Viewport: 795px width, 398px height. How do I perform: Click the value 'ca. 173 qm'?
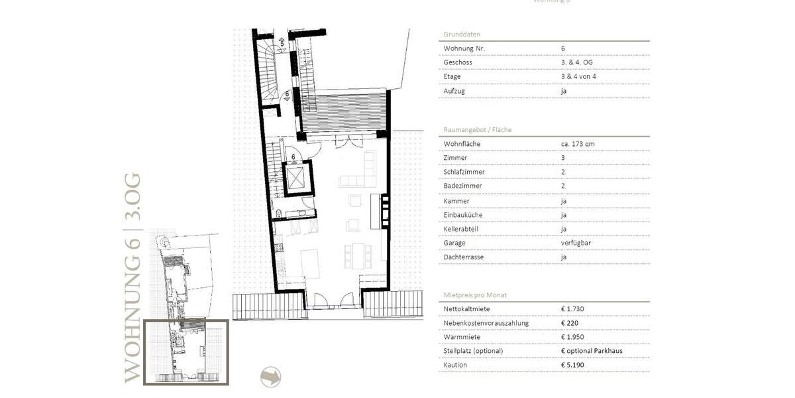(578, 144)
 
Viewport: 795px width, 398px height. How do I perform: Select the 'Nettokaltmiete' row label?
(466, 308)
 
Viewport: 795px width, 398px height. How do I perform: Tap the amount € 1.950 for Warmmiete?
(572, 337)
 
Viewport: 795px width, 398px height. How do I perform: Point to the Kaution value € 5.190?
(573, 365)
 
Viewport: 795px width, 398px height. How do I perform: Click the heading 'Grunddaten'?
(462, 34)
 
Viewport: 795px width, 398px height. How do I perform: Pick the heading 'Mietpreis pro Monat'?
(475, 295)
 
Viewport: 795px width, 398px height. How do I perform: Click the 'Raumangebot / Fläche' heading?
(477, 130)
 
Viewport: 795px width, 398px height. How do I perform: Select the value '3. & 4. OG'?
(576, 62)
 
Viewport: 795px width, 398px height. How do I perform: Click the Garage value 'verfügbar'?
(575, 243)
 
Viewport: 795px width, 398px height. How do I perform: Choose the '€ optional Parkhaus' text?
(591, 351)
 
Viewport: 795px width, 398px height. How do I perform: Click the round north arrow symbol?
(270, 377)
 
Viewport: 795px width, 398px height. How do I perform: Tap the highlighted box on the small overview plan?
(186, 352)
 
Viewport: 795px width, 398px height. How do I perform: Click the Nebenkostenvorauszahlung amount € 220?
(570, 323)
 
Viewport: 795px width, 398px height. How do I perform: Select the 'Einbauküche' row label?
(463, 215)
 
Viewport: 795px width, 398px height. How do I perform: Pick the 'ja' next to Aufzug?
(564, 91)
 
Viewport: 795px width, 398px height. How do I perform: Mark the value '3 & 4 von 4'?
(578, 76)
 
